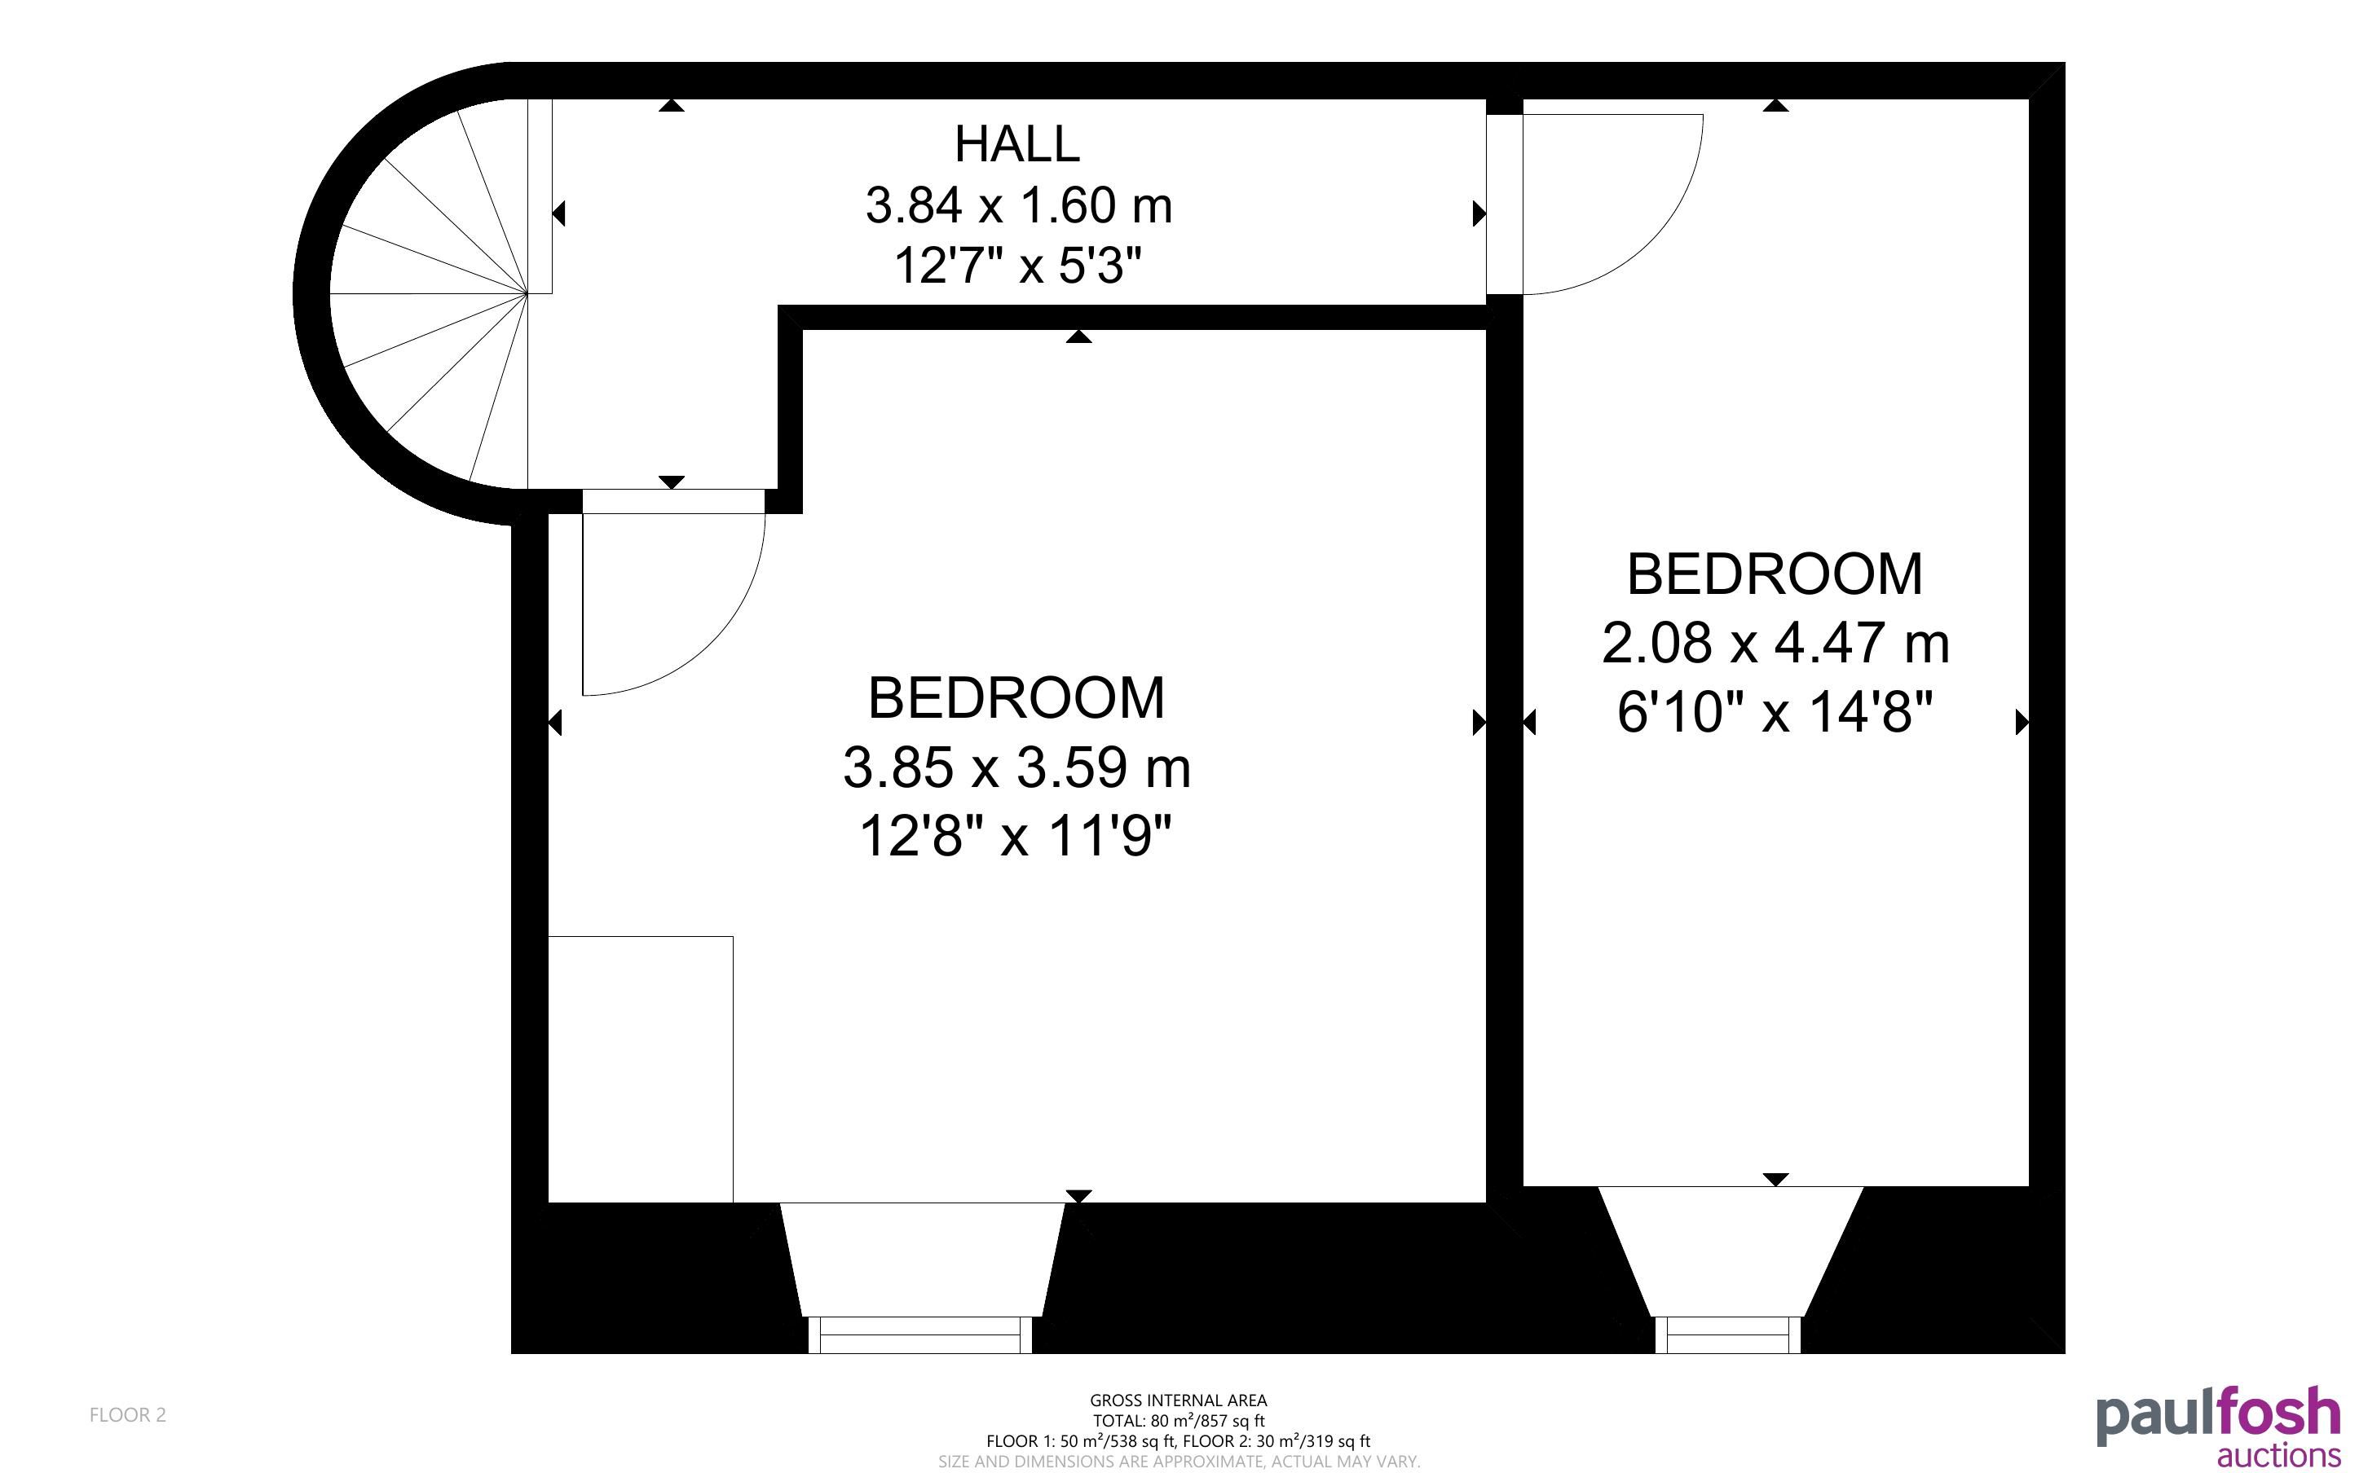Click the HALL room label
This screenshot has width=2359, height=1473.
(x=1017, y=144)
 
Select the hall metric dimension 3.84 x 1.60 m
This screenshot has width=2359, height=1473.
(x=1018, y=205)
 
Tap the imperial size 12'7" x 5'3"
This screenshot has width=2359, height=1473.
(x=1017, y=265)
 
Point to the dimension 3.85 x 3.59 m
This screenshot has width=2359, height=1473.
(x=1016, y=767)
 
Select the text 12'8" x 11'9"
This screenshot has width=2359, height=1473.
(x=1016, y=836)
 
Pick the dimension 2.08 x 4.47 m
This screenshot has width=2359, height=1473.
(x=1775, y=643)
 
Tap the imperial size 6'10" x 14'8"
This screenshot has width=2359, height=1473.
(x=1775, y=711)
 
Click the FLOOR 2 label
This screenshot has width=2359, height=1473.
(x=128, y=1414)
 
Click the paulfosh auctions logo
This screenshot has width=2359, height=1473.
(x=2219, y=1427)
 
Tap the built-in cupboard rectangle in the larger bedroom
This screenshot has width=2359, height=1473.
(x=640, y=1069)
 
